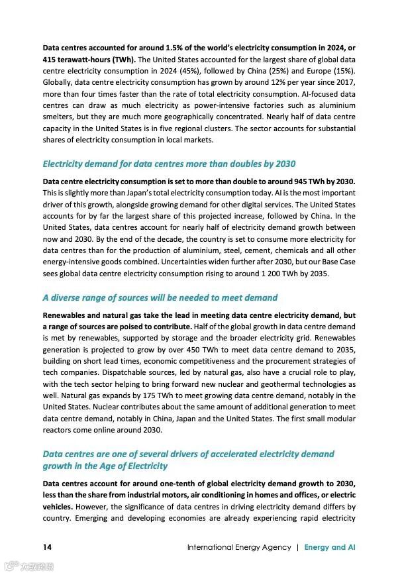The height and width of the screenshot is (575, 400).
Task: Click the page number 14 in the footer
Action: (47, 547)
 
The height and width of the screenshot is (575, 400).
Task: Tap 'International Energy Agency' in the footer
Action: (239, 547)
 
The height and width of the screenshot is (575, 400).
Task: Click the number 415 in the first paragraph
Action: (50, 59)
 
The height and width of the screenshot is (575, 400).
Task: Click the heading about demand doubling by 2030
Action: (169, 164)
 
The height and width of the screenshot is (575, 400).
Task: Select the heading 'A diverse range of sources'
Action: (160, 297)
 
